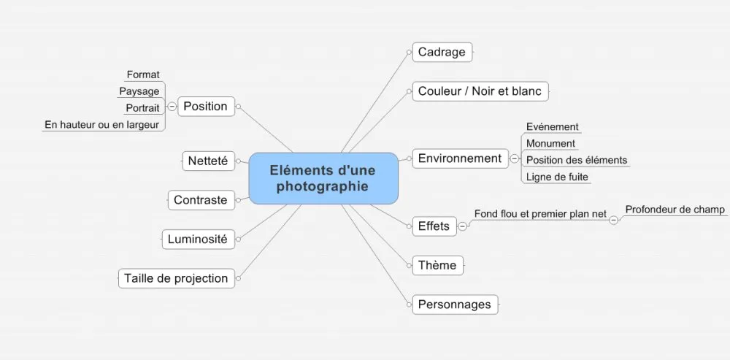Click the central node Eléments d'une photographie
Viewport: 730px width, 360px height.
(x=323, y=178)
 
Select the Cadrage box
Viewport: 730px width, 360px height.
(x=442, y=52)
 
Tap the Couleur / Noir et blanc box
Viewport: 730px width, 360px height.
(x=480, y=91)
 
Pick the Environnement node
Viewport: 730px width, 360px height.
(x=461, y=158)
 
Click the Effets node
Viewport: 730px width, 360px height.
(x=434, y=226)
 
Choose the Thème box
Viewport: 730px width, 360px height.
(x=437, y=266)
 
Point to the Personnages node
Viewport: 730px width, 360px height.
(x=455, y=305)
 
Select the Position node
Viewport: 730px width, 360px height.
(x=207, y=106)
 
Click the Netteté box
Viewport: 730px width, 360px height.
(x=209, y=161)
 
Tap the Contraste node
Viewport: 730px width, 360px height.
(x=201, y=200)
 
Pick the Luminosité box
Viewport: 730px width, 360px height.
(x=199, y=240)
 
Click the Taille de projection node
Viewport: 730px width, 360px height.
(x=177, y=278)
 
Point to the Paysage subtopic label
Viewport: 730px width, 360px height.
(x=139, y=91)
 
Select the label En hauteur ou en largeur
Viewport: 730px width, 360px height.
(x=102, y=125)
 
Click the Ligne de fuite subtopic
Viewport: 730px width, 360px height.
(x=557, y=177)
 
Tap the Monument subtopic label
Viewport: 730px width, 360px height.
(x=550, y=143)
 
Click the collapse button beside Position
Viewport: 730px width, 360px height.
(x=172, y=107)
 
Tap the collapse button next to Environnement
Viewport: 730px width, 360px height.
(x=515, y=158)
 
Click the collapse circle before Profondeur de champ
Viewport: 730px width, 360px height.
(x=614, y=220)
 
